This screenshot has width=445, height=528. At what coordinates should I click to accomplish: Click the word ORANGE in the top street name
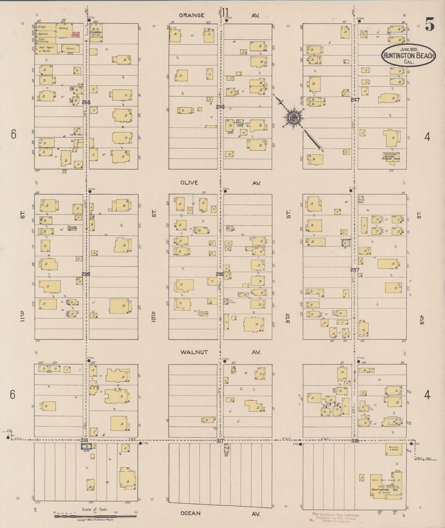(x=191, y=15)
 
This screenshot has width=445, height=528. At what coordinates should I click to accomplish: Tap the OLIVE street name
(x=189, y=183)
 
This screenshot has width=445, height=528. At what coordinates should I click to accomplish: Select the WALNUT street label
(x=194, y=352)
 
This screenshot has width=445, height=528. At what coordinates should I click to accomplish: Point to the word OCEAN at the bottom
(x=191, y=513)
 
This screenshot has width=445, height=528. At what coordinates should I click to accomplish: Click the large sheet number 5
(x=430, y=24)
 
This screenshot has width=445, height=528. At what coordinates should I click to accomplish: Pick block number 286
(x=220, y=274)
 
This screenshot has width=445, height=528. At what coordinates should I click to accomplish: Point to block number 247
(x=355, y=100)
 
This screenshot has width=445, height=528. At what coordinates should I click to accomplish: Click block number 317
(x=220, y=441)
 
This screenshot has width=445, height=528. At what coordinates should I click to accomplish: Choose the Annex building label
(x=393, y=448)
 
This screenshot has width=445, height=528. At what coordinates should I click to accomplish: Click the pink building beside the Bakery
(x=76, y=35)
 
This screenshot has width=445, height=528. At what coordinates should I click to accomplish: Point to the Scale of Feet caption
(x=95, y=509)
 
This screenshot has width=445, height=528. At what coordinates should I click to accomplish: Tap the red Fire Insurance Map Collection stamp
(x=335, y=518)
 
